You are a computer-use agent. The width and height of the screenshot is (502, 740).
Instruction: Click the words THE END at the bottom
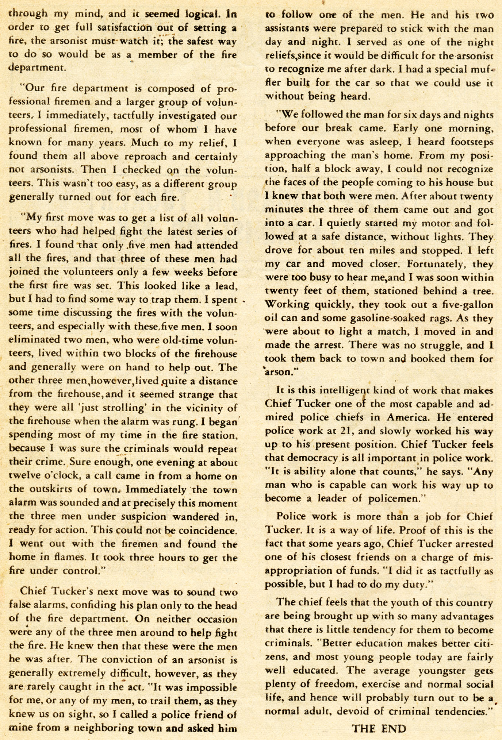(379, 729)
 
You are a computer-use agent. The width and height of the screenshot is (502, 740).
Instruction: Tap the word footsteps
(467, 142)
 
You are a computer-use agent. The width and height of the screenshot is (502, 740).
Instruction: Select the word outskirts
(59, 489)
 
